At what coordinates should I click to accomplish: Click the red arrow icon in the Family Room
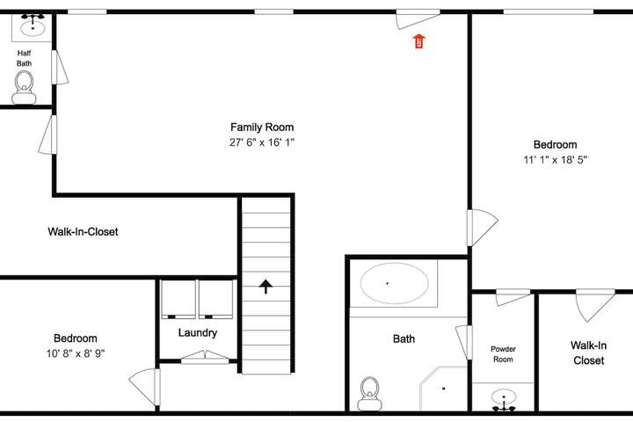[419, 41]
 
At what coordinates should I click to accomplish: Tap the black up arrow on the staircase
[266, 286]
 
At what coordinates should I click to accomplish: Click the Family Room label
[262, 127]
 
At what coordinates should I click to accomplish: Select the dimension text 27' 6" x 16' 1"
[262, 142]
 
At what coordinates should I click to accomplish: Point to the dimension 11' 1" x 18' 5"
[555, 160]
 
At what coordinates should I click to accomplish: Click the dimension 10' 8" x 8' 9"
[76, 353]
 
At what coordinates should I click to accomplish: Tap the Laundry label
[198, 332]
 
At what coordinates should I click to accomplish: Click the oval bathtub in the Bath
[395, 283]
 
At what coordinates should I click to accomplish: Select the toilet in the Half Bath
[25, 87]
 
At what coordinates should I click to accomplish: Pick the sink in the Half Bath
[33, 26]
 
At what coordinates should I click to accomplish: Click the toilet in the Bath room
[369, 394]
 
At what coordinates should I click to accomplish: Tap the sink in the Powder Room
[504, 399]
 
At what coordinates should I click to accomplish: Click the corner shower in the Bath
[443, 389]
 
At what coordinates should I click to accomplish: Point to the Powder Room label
[503, 354]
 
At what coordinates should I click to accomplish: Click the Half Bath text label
[25, 58]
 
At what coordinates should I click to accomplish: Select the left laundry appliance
[178, 299]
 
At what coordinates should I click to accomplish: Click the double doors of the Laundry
[205, 357]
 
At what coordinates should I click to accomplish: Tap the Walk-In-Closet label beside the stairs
[84, 232]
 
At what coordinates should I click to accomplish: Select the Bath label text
[404, 338]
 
